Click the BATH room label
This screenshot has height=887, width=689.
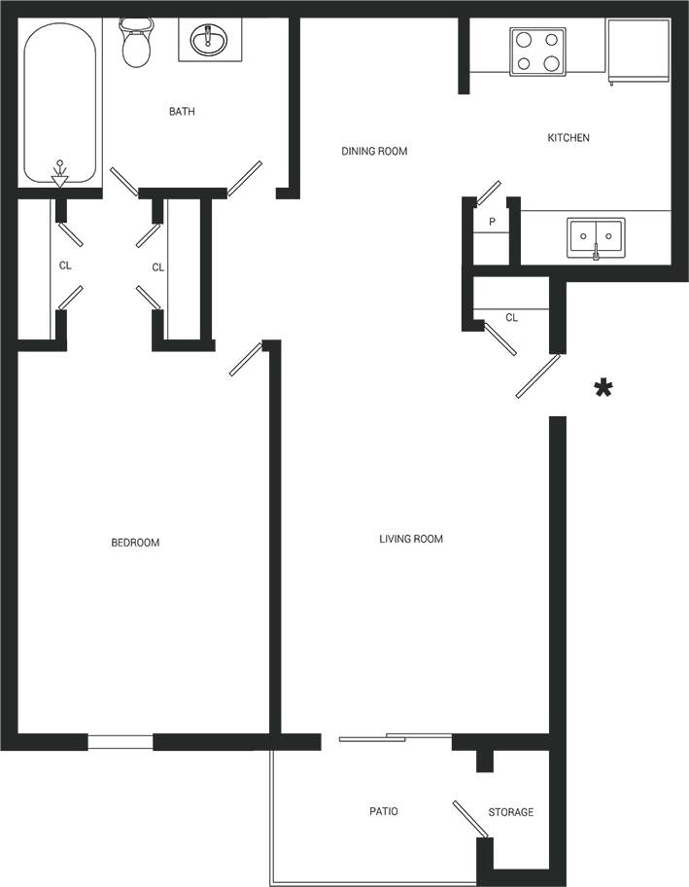pyautogui.click(x=182, y=112)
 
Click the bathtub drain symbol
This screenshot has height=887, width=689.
pyautogui.click(x=60, y=173)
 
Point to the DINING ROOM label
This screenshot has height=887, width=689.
pyautogui.click(x=374, y=152)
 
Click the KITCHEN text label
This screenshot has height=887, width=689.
pyautogui.click(x=568, y=138)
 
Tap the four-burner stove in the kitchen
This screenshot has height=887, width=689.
pyautogui.click(x=537, y=52)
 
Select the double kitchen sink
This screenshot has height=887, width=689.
pyautogui.click(x=596, y=236)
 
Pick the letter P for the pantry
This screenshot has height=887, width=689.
pyautogui.click(x=493, y=222)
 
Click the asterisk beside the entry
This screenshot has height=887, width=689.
pyautogui.click(x=603, y=389)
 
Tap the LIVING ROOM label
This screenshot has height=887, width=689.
pyautogui.click(x=411, y=539)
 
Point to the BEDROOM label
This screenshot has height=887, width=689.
pyautogui.click(x=135, y=543)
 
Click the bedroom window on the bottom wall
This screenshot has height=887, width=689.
pyautogui.click(x=121, y=741)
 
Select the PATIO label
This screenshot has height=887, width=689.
pyautogui.click(x=384, y=811)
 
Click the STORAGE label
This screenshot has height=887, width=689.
pyautogui.click(x=510, y=812)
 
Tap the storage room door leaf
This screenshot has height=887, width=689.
pyautogui.click(x=470, y=818)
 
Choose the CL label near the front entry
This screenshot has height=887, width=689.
pyautogui.click(x=512, y=317)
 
